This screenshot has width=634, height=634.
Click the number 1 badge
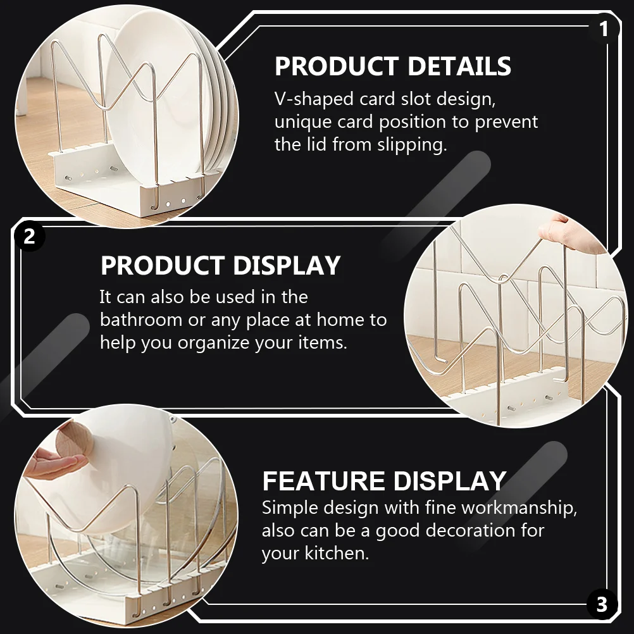pos(604,29)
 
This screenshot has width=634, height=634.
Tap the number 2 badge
pos(29,236)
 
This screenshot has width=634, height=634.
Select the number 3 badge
pos(602,605)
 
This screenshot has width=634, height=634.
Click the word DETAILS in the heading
pos(459,66)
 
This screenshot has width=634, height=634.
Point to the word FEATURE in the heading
pos(323,481)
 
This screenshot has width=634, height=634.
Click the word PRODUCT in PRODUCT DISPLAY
pos(163,266)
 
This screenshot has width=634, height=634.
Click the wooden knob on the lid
pos(75,445)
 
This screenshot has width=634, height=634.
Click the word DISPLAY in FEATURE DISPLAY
pos(450,481)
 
